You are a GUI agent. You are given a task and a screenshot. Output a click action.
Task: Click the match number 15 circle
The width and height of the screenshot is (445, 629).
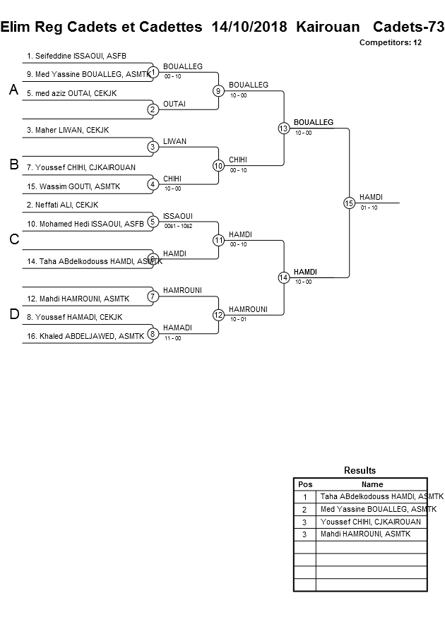(348, 203)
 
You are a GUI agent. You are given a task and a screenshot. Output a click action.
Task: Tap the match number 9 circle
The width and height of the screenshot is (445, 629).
(218, 91)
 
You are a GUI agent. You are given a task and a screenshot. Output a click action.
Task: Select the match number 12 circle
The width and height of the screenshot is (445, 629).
(218, 315)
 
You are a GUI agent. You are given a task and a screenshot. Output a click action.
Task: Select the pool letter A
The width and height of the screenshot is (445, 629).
(13, 90)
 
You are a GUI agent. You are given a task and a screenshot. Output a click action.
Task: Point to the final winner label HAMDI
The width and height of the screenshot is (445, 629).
(372, 197)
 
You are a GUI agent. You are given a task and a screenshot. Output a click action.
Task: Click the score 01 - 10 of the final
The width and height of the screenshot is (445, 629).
(369, 208)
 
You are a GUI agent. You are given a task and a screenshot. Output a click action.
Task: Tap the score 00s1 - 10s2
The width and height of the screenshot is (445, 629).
(178, 226)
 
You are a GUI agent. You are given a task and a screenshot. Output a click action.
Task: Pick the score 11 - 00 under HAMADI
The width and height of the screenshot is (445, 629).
(172, 338)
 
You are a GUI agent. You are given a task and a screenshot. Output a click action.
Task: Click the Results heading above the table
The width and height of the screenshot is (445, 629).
(360, 470)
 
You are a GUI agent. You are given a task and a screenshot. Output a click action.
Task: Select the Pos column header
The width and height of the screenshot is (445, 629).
(305, 484)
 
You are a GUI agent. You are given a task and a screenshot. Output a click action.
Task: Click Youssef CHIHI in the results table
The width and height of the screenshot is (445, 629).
(370, 522)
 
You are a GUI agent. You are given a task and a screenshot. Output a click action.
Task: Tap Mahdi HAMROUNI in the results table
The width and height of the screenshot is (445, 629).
(365, 534)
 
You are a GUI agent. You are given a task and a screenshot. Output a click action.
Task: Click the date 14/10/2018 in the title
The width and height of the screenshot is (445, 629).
(249, 27)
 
